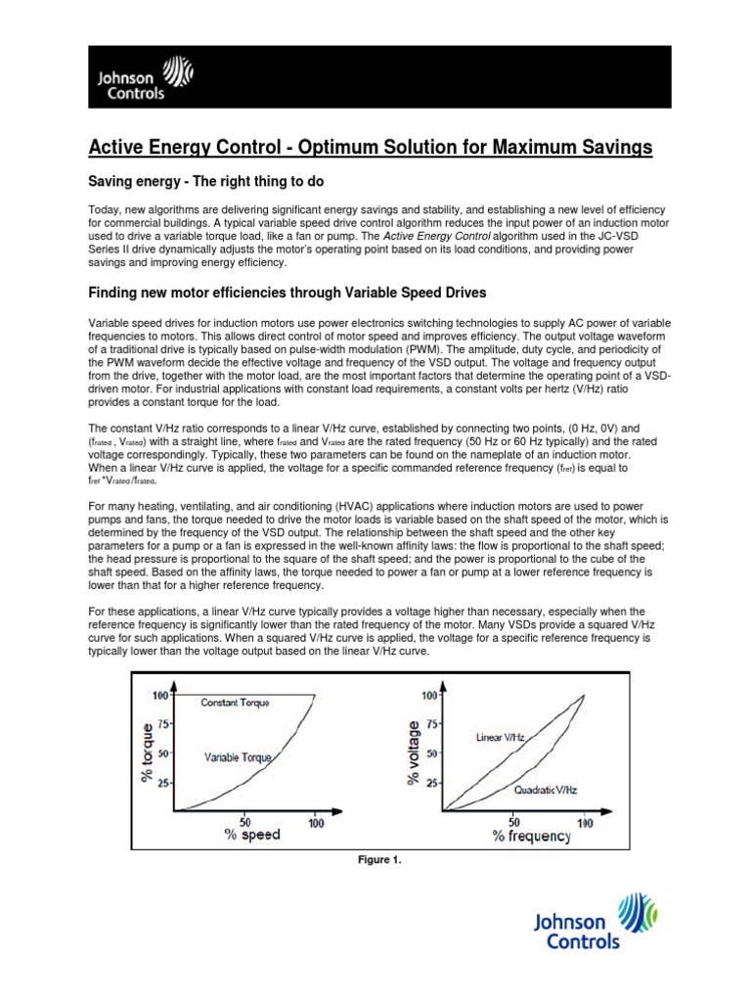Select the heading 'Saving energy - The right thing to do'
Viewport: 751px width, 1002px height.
pos(206,183)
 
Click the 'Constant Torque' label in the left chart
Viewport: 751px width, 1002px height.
pos(236,703)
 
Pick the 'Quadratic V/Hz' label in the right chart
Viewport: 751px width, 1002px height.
pos(545,789)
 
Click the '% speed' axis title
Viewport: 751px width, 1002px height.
pos(252,835)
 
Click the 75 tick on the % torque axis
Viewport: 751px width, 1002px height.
pos(162,725)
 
